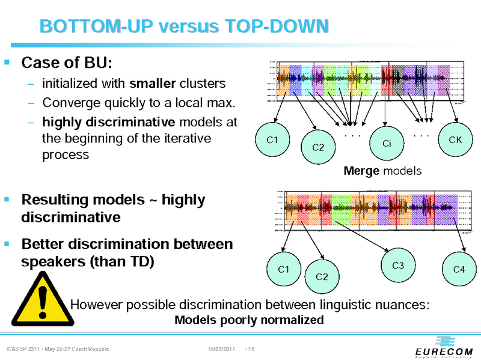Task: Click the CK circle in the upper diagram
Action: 455,140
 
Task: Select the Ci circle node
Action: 387,144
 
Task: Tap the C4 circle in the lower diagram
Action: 459,270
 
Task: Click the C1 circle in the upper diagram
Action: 272,140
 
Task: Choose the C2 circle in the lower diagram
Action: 322,277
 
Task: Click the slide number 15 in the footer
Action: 251,349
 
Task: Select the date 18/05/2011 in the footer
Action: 221,349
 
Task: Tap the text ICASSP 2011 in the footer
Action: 24,349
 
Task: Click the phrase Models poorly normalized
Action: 249,320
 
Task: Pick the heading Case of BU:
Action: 67,63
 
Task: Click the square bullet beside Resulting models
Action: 7,198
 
